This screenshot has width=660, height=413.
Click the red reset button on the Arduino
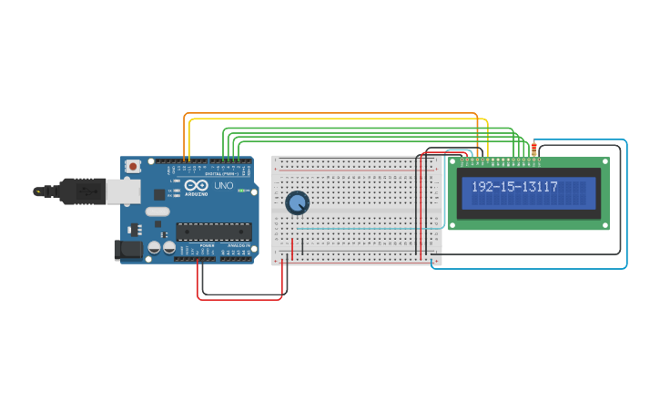(x=134, y=166)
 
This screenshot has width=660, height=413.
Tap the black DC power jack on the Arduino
(x=127, y=248)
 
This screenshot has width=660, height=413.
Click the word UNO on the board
(x=224, y=186)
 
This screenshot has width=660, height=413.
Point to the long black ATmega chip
(x=214, y=232)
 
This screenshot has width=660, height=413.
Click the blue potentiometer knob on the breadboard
(x=297, y=202)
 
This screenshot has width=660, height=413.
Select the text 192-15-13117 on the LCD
(x=514, y=187)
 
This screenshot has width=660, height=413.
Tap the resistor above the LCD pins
(x=533, y=150)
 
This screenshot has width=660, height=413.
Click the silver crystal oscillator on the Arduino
(x=157, y=212)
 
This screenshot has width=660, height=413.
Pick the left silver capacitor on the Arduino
(x=155, y=247)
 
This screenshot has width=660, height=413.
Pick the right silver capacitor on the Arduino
(x=169, y=247)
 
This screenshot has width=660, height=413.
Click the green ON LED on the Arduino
(x=242, y=191)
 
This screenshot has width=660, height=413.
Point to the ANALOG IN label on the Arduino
(x=239, y=246)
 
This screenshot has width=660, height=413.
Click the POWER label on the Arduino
(x=207, y=246)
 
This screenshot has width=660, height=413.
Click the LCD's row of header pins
(x=501, y=160)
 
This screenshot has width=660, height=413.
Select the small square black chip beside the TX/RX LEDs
(x=159, y=193)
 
